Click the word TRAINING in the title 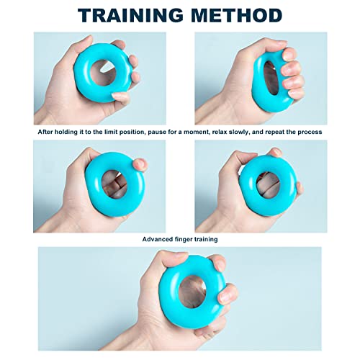tap(132, 15)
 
